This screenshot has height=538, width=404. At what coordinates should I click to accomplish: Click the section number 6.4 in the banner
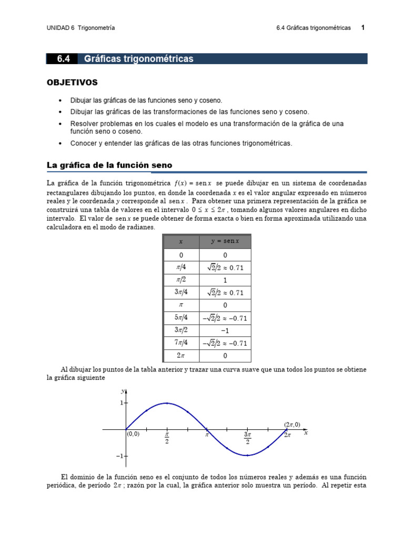(x=64, y=59)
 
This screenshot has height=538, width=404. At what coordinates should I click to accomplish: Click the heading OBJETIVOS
(x=72, y=82)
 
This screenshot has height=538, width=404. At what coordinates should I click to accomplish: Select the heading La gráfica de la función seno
(x=109, y=165)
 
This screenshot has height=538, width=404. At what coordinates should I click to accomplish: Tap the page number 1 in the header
(x=362, y=28)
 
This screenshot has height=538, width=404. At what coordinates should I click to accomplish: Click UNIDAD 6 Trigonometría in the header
(x=80, y=28)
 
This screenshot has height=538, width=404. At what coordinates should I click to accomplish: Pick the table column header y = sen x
(x=225, y=241)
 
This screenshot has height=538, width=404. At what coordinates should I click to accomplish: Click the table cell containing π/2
(x=181, y=280)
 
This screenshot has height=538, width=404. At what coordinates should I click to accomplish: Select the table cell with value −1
(x=225, y=330)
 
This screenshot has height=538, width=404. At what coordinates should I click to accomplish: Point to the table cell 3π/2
(x=181, y=330)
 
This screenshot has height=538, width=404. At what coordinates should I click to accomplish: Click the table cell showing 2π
(x=181, y=356)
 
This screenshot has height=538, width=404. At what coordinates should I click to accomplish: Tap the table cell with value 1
(x=225, y=280)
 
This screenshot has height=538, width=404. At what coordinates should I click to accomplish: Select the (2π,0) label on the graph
(x=292, y=425)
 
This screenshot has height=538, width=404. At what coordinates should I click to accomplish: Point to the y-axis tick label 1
(x=121, y=403)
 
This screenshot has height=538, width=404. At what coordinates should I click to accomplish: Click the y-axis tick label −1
(x=119, y=456)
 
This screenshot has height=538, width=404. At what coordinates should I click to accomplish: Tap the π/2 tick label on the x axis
(x=167, y=438)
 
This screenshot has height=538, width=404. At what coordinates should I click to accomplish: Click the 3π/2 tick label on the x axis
(x=247, y=438)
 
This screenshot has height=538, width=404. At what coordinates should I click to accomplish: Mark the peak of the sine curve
(x=167, y=403)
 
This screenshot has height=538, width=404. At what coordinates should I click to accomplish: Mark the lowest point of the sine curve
(x=247, y=456)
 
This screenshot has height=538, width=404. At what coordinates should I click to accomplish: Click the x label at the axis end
(x=306, y=433)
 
